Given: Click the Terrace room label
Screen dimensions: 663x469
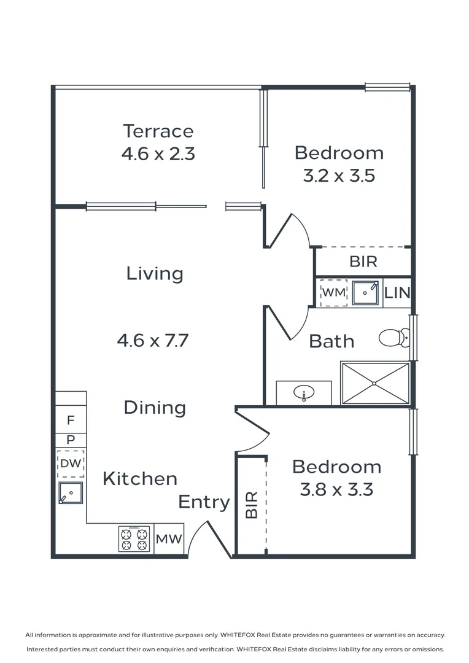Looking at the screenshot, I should click(x=158, y=131).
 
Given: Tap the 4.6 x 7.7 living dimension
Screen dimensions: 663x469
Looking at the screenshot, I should click(x=152, y=339).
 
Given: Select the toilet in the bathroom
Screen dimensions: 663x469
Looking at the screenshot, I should click(x=393, y=337).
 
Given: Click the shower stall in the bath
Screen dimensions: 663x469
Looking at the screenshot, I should click(x=375, y=383).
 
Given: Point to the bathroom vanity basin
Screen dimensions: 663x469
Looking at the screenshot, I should click(x=303, y=393).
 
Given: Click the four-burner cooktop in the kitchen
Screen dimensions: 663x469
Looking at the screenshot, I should click(x=134, y=539).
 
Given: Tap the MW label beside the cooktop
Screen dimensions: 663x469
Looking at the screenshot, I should click(x=169, y=540).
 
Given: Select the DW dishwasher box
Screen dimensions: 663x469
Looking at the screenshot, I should click(x=71, y=463).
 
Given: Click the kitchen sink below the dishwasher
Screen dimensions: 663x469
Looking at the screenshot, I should click(x=71, y=492).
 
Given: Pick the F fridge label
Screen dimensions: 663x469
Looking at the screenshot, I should click(x=71, y=421).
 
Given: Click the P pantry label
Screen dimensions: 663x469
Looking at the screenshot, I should click(x=71, y=440).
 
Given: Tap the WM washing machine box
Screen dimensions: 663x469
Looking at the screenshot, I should click(x=334, y=292).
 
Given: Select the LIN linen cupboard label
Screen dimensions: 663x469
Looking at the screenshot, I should click(x=397, y=293).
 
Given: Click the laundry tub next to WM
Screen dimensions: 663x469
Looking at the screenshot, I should click(x=366, y=293).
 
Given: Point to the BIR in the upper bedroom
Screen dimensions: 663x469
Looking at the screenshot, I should click(x=363, y=262).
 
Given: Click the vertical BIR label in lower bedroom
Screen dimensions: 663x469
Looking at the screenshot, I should click(x=251, y=505).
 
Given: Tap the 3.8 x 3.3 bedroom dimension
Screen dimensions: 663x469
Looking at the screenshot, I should click(x=336, y=490).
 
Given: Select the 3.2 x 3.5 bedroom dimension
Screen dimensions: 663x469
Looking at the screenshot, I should click(x=339, y=176).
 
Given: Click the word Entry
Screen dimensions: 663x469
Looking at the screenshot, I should click(x=204, y=502).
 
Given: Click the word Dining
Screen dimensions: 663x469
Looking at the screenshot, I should click(x=155, y=408).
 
